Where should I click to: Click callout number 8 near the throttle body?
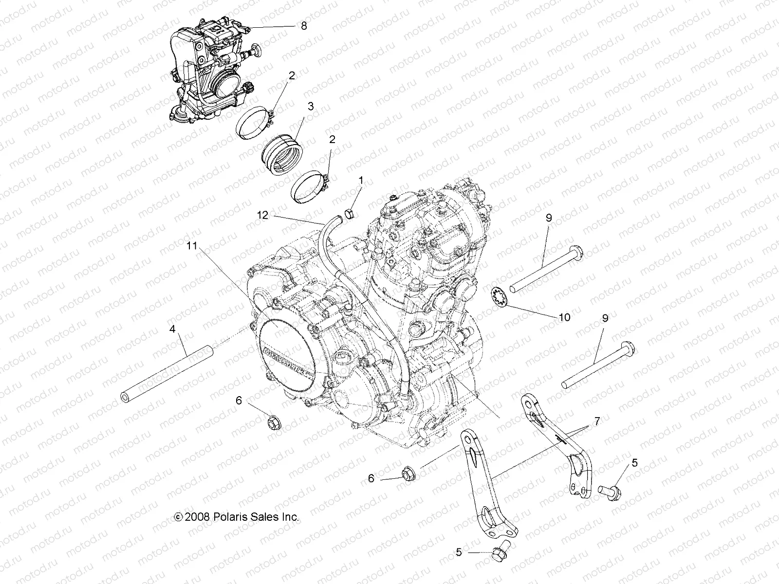[x=304, y=26]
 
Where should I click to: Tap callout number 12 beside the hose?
[x=262, y=215]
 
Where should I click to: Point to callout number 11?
[x=192, y=246]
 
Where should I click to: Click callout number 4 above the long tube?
[x=172, y=329]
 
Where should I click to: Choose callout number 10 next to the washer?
[x=551, y=317]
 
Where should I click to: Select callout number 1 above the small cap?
[x=361, y=181]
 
